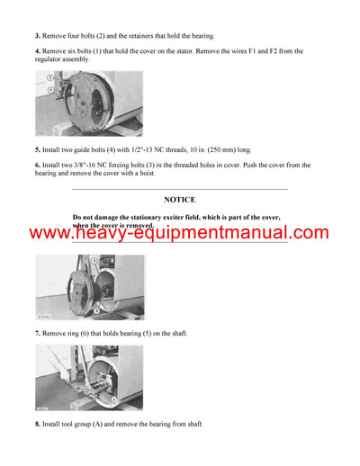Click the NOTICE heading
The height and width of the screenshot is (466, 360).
179,199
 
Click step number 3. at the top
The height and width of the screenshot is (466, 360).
38,35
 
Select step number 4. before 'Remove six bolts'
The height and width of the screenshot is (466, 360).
38,51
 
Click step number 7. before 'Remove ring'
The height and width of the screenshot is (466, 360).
38,334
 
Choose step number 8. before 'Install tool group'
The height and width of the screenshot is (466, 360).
38,424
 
